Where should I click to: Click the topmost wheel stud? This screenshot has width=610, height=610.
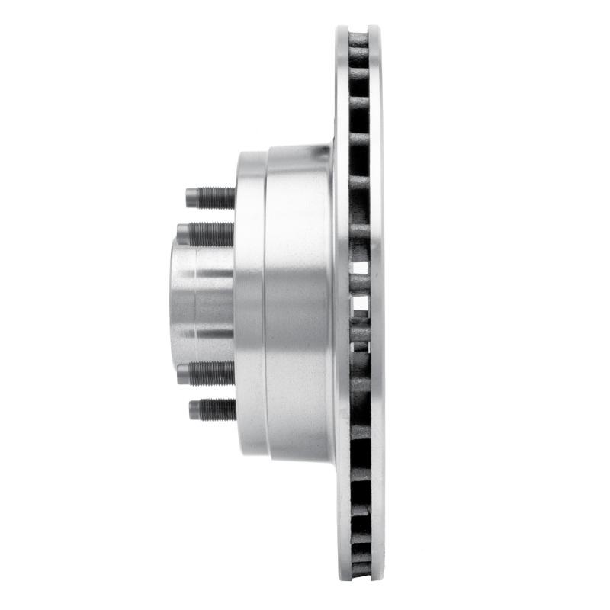point(212,198)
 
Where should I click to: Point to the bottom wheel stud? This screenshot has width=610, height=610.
point(213,409)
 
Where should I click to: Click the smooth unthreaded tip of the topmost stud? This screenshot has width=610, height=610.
point(191,198)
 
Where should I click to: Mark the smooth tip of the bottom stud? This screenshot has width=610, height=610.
point(194,409)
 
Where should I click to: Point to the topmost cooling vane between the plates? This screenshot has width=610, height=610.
point(358,38)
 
